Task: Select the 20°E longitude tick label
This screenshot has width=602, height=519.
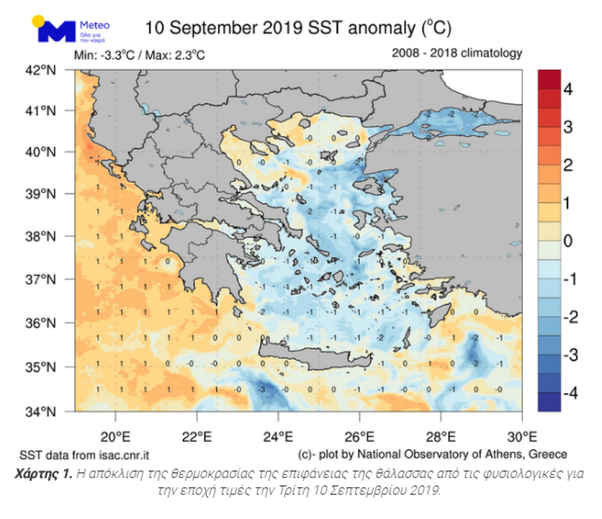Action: pyautogui.click(x=116, y=436)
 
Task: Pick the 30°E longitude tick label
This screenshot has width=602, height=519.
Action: pyautogui.click(x=522, y=436)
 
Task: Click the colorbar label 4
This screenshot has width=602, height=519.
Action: pyautogui.click(x=568, y=89)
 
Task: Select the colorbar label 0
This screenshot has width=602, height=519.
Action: pyautogui.click(x=568, y=241)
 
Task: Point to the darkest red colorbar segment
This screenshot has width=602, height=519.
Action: pyautogui.click(x=549, y=79)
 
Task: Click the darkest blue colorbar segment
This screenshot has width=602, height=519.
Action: pyautogui.click(x=549, y=401)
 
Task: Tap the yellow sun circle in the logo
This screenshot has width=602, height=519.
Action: pyautogui.click(x=38, y=21)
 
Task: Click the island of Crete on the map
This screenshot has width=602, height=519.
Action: pyautogui.click(x=315, y=356)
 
